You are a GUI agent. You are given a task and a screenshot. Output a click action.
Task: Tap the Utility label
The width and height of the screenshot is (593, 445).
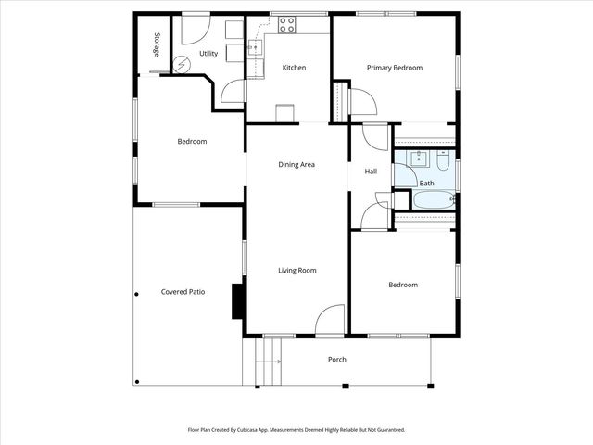(x=208, y=54)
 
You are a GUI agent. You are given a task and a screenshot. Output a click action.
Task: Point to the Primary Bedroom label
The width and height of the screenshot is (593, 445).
(x=394, y=68)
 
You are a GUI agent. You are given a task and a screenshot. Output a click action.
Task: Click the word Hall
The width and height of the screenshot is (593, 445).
(x=371, y=172)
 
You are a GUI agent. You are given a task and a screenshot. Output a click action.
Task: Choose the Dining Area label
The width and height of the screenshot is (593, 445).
(x=296, y=165)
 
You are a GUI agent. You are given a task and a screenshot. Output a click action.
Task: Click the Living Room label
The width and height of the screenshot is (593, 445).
(x=297, y=271)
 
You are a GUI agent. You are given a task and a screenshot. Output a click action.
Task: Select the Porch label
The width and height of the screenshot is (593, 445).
(x=337, y=360)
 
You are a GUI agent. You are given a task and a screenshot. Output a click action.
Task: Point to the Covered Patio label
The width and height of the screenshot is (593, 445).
(x=183, y=292)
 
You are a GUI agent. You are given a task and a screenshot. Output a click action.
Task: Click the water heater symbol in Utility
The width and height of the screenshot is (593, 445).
(x=182, y=64)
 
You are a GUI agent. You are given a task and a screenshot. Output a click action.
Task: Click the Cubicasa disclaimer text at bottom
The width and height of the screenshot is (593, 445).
(x=296, y=430)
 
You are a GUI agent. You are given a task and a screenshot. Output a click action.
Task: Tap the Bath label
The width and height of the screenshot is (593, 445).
(x=426, y=184)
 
